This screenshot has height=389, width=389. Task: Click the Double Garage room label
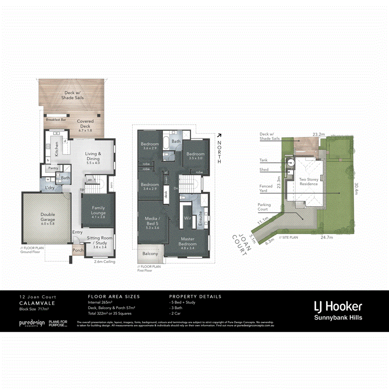point(48,217)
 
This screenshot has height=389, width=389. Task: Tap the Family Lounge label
point(99,210)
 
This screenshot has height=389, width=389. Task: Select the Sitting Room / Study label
point(99,240)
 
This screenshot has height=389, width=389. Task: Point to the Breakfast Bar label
point(56,119)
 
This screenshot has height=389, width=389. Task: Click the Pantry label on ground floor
point(53,168)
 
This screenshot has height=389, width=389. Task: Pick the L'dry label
point(51,188)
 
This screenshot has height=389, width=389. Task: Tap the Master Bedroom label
point(187,241)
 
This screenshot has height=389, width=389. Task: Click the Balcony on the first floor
point(150,254)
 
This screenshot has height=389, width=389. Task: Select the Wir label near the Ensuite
point(187,218)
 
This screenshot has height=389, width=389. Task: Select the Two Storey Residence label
point(308,182)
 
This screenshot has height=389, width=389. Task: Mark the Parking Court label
point(264,207)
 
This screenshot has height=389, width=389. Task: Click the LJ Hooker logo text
point(338,307)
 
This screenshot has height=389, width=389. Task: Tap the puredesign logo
point(32,323)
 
